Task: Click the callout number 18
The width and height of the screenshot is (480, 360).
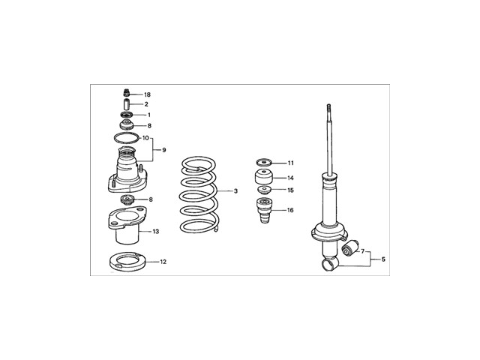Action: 147,95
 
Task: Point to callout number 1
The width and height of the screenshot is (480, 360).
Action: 148,115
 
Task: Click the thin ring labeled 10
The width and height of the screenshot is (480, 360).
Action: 125,139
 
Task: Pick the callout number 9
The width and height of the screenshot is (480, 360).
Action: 163,150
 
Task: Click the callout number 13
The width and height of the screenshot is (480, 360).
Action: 156,232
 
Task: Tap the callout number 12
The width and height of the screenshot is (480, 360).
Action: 163,262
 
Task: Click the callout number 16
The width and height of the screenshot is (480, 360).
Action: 290,211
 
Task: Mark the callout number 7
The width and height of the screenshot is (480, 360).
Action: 364,252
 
